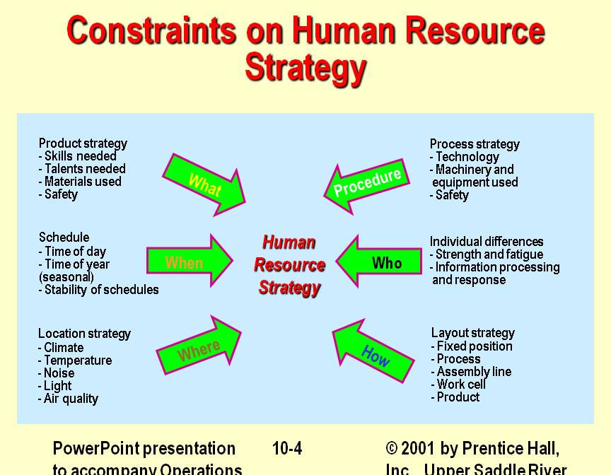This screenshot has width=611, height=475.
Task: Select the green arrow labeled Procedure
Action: coord(368,183)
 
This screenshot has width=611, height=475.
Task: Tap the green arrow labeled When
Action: coord(187,263)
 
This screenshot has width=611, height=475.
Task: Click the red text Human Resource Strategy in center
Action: coord(289,265)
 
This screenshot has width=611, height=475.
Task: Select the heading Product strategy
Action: coord(83,143)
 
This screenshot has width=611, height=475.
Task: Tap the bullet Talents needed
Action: coord(84,169)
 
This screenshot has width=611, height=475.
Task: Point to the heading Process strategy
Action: coord(475,144)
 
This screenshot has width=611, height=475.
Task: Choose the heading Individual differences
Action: coord(487,242)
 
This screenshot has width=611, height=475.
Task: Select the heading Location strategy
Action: coord(84,334)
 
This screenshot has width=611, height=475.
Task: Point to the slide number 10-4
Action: coord(287,449)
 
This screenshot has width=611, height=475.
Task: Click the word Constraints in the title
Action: coord(151,32)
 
